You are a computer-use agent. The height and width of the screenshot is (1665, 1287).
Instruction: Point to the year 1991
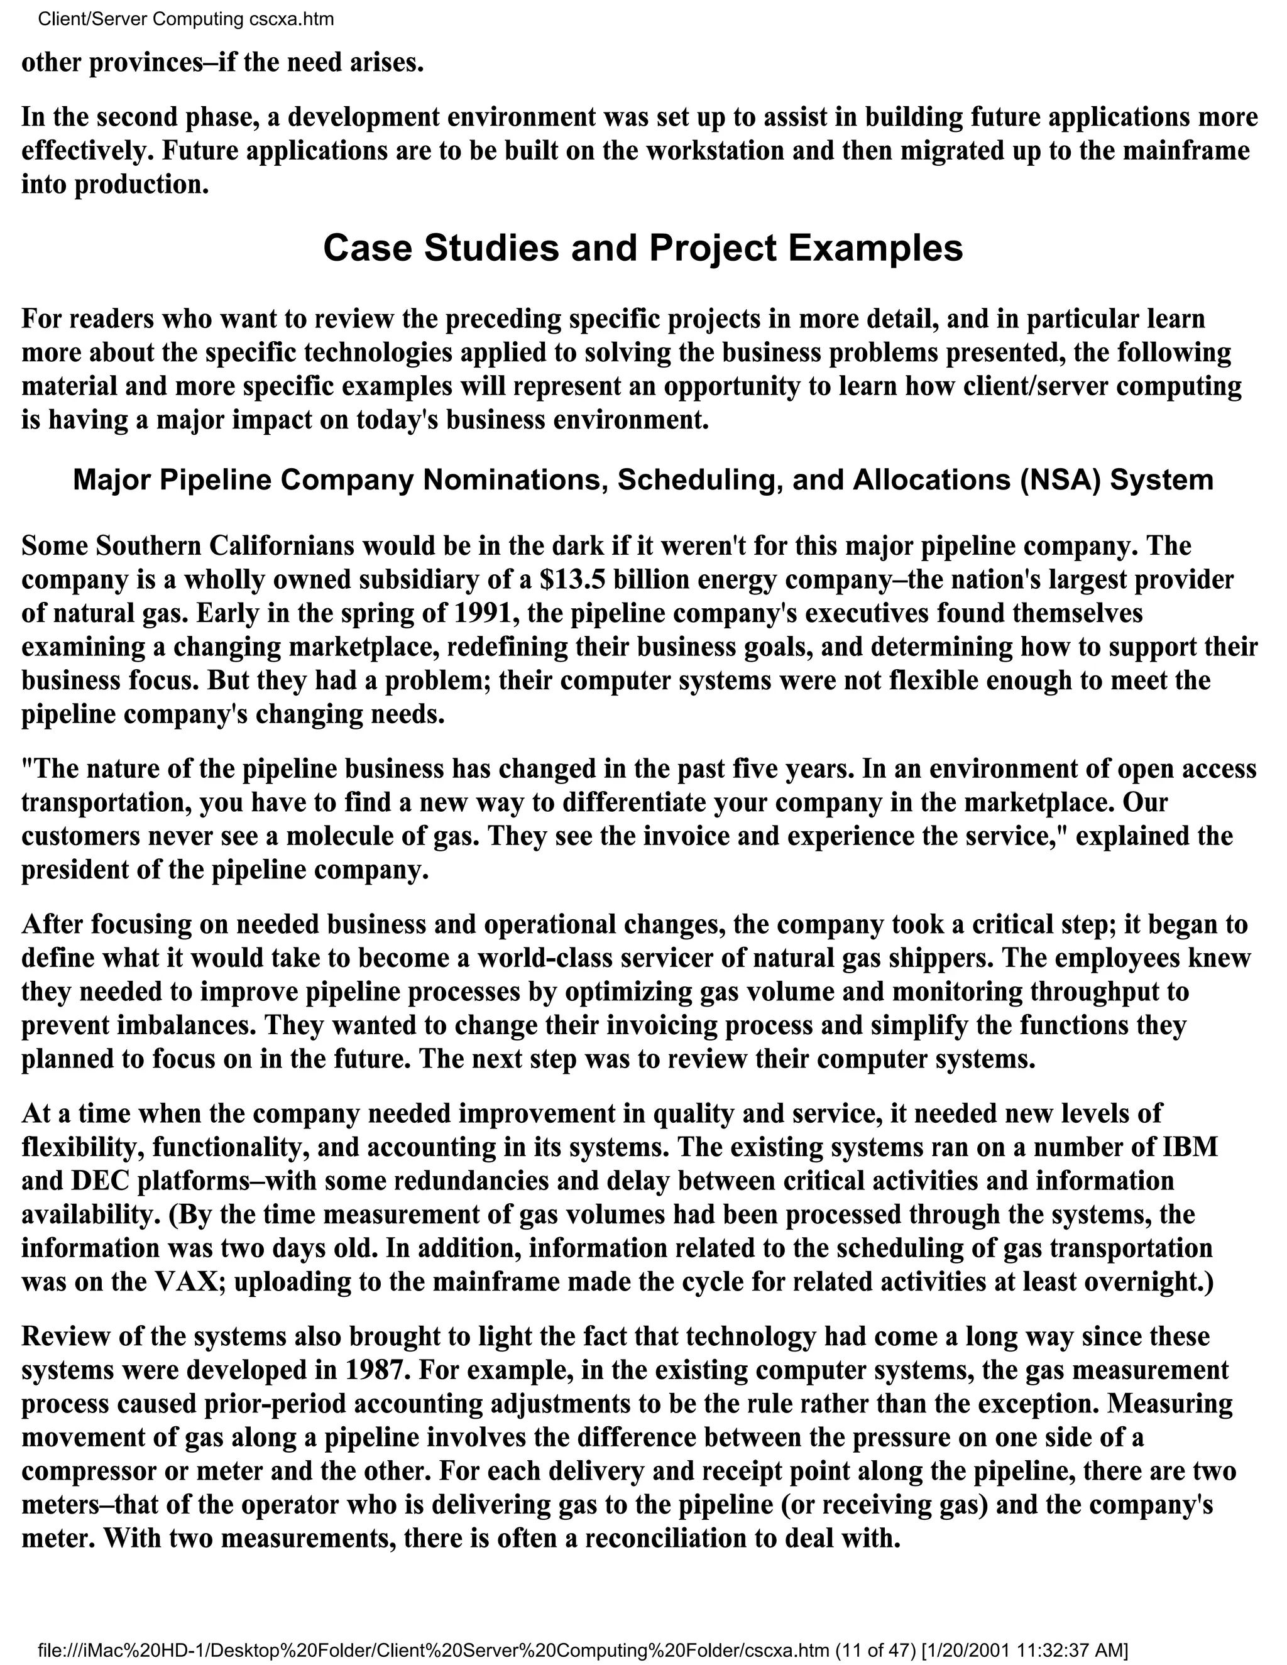pos(486,613)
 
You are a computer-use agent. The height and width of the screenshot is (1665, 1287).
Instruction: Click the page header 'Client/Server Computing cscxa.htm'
pos(185,19)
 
